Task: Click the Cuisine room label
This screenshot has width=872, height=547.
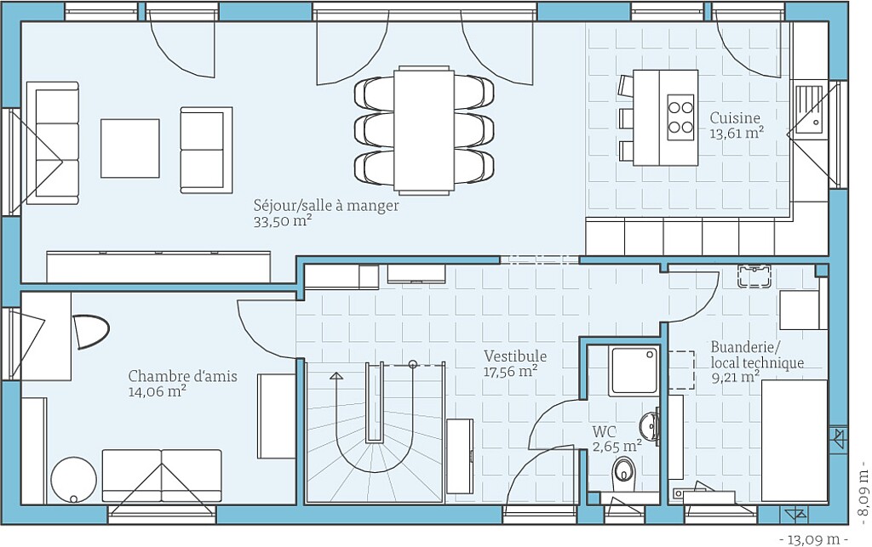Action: (735, 117)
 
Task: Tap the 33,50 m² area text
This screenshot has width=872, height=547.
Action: (282, 221)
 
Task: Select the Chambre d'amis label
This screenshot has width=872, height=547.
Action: (182, 376)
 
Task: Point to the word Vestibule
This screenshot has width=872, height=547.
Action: (515, 356)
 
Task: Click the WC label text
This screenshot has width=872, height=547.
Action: (604, 431)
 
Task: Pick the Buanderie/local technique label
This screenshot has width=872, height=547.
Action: (757, 355)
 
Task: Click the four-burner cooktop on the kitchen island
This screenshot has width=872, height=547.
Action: (680, 117)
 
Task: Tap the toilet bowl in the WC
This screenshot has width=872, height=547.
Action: (623, 472)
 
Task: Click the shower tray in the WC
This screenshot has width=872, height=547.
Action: (634, 370)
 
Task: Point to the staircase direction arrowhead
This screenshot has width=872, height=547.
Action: (336, 376)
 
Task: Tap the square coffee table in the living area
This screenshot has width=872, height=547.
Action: (130, 148)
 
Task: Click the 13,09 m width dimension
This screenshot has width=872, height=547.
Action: (815, 538)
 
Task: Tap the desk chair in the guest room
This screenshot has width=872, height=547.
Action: (90, 332)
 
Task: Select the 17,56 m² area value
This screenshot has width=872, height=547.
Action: (510, 372)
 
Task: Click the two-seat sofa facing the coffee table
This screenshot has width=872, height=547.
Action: (206, 150)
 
